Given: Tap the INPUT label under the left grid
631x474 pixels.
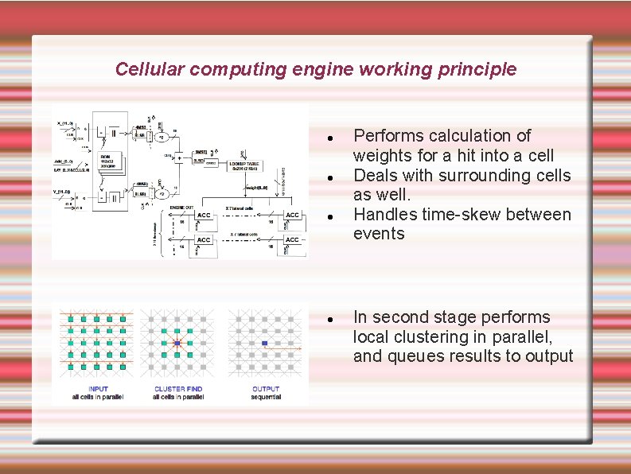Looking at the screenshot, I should [99, 389].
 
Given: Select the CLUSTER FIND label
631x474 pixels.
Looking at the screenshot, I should [178, 389].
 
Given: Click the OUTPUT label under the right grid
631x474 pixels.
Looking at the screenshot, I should [266, 389].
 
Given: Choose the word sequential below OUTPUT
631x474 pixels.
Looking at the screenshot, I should [266, 397].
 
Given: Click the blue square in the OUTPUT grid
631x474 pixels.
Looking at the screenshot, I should [265, 344].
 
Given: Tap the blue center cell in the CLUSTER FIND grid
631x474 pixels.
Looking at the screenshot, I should [177, 344].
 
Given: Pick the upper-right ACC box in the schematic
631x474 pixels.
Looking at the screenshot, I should [292, 215].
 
